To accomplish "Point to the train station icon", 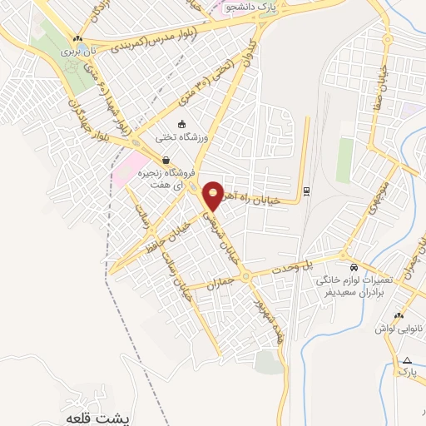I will (x=307, y=191).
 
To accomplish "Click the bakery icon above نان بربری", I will (x=77, y=38).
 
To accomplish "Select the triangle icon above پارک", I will (x=407, y=360).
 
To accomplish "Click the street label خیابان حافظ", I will (x=159, y=235).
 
